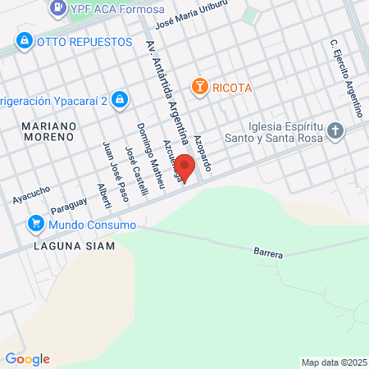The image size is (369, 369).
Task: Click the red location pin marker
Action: [x=185, y=166]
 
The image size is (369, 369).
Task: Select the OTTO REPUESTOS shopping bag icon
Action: [x=25, y=40]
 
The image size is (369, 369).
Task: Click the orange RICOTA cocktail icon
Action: [x=198, y=86]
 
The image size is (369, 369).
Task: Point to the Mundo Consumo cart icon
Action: [x=35, y=223]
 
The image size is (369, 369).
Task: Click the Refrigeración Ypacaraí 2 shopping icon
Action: [x=120, y=99]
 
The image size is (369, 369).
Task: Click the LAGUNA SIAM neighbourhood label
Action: [x=74, y=245]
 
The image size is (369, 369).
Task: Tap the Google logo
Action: [x=27, y=358]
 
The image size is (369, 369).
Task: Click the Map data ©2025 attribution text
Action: [x=332, y=362]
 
